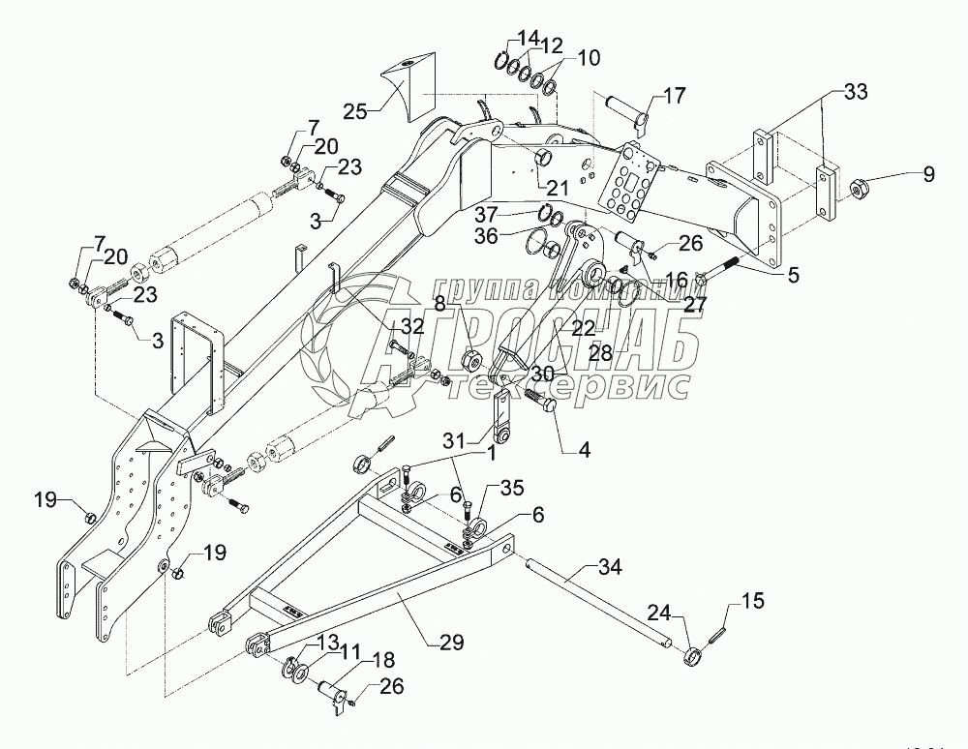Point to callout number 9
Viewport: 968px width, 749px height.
coord(928,175)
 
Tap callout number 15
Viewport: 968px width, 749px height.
coord(752,602)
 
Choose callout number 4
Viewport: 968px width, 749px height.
coord(584,422)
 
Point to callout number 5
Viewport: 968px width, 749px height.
coord(793,274)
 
